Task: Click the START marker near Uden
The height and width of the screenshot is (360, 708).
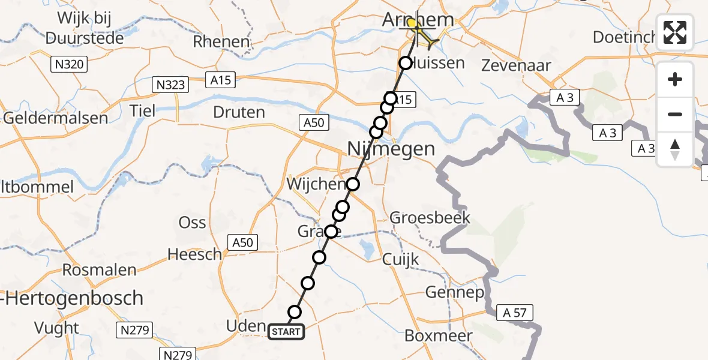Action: click(286, 332)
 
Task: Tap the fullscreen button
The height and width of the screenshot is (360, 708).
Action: click(675, 32)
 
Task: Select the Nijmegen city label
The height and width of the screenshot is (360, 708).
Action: click(391, 149)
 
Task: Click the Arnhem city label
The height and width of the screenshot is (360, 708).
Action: click(418, 19)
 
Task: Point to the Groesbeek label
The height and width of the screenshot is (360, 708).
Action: click(430, 217)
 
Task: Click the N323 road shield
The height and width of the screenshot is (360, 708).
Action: click(171, 84)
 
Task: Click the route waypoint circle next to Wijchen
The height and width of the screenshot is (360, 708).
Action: click(353, 184)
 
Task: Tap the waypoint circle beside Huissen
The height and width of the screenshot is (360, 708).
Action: click(406, 63)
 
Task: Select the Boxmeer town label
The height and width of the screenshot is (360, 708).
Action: click(439, 336)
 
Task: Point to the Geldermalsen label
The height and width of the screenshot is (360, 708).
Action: click(56, 118)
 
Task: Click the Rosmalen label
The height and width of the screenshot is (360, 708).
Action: click(100, 270)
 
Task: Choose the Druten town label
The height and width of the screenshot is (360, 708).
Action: click(239, 112)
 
